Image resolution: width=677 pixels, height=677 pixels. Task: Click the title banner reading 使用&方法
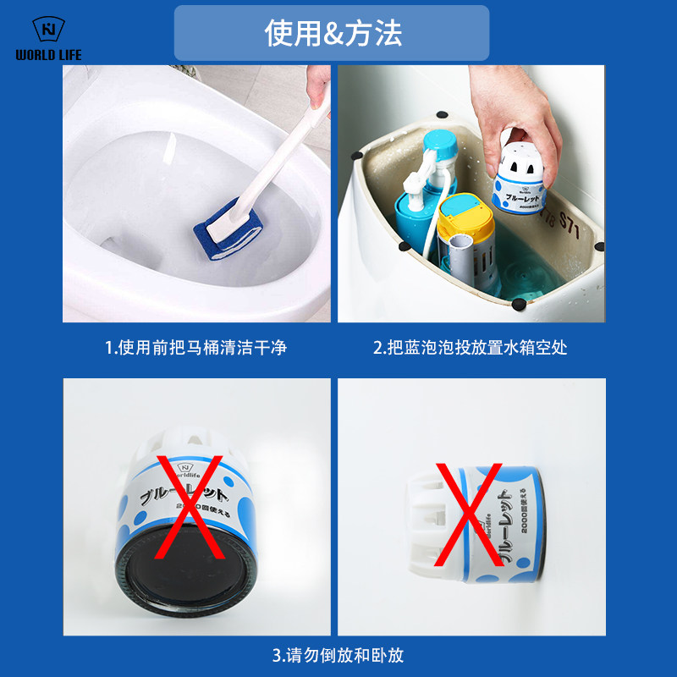[332, 33]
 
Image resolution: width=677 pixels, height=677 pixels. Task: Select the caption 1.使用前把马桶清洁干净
[195, 347]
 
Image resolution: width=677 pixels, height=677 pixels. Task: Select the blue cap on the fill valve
[441, 141]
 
